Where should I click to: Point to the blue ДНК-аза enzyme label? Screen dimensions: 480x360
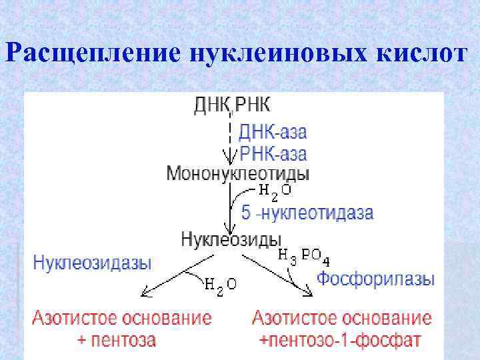pos(273,131)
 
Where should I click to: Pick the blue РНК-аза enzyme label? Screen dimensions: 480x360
pos(273,154)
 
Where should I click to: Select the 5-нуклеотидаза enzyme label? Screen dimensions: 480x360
pos(307,213)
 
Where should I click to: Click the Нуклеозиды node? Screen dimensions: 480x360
pos(231,238)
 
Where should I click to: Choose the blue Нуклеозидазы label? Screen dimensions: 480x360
pos(92,262)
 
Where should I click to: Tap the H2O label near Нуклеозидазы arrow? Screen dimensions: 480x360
pos(219,285)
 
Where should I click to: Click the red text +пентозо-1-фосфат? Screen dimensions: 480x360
pos(341,341)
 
